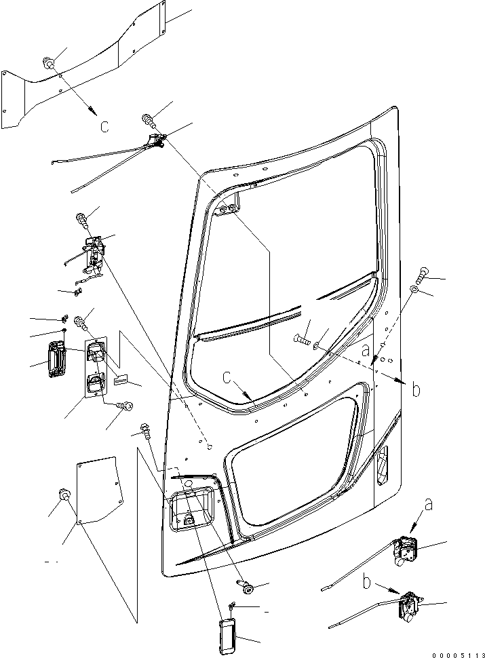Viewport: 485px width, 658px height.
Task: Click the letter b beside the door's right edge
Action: coord(416,389)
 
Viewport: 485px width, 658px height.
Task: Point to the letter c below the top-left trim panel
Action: coord(104,125)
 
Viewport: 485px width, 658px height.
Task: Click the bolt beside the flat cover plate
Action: coord(65,495)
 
